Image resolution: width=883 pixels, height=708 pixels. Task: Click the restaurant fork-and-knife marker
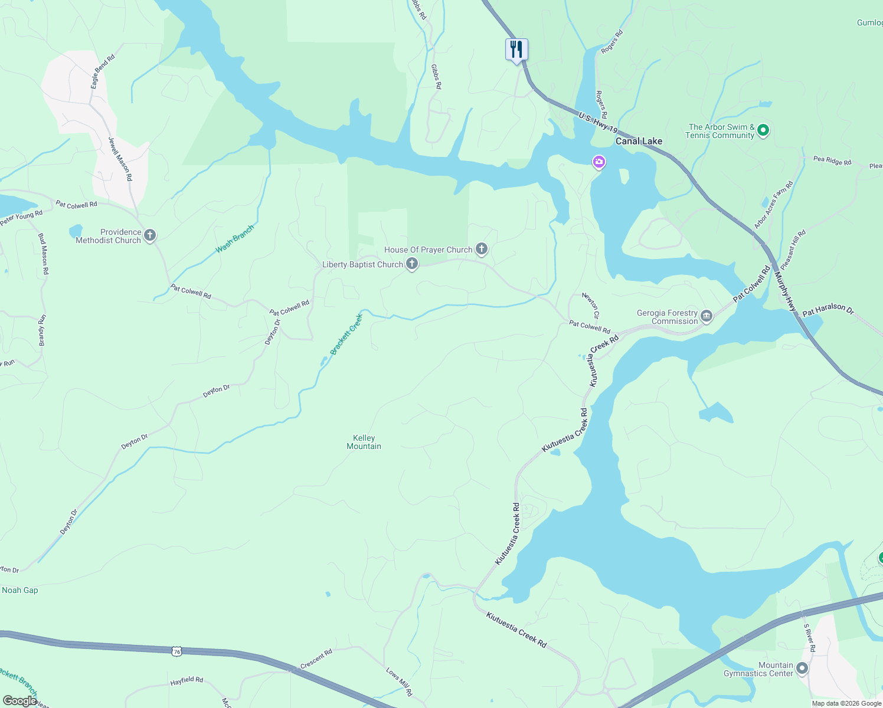[516, 50]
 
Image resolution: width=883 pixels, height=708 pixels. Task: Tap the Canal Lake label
[639, 141]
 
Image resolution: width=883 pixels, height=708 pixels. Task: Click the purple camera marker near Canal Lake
[599, 162]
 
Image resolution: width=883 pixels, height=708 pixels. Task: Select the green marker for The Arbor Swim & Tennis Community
[763, 130]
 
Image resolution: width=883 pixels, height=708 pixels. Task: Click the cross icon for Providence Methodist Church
[150, 236]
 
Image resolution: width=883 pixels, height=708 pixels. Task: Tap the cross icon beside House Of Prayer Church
[482, 249]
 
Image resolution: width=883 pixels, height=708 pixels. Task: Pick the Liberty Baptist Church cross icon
[412, 264]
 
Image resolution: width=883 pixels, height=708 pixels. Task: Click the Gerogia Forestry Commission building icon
[706, 317]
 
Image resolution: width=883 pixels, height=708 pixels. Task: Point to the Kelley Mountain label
[364, 442]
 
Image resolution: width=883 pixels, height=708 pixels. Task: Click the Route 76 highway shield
[177, 651]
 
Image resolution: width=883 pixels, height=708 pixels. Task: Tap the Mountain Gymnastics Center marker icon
[802, 668]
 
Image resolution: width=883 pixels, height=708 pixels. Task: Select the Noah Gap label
[20, 590]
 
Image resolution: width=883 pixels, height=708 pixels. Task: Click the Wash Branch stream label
[235, 239]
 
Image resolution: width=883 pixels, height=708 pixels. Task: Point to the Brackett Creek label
[346, 334]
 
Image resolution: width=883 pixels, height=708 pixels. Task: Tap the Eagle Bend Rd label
[103, 72]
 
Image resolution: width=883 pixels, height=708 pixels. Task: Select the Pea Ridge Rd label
[832, 160]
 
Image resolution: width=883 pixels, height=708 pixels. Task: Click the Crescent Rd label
[316, 659]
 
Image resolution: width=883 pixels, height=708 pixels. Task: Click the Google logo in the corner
[19, 700]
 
